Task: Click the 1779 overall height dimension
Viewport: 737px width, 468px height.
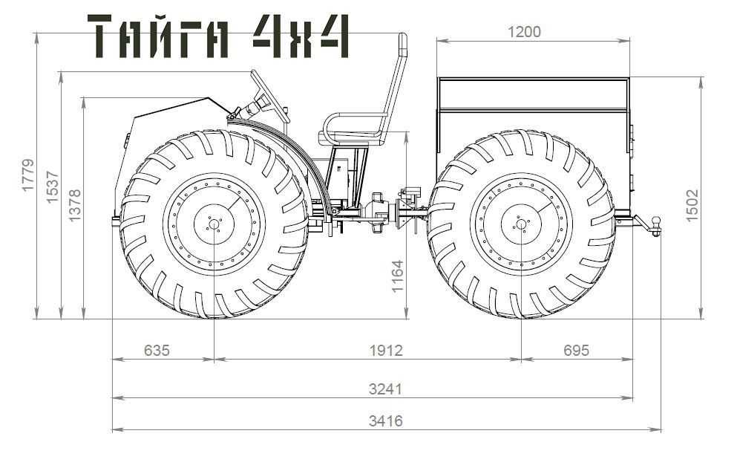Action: click(28, 175)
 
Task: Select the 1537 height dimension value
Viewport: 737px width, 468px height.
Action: click(53, 187)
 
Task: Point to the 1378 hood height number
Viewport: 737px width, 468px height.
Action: click(75, 206)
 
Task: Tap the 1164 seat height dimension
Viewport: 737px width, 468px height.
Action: click(398, 276)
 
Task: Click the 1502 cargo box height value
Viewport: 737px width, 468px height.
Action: click(692, 206)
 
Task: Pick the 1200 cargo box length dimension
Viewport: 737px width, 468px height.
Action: click(525, 32)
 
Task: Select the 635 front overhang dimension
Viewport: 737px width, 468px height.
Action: click(157, 351)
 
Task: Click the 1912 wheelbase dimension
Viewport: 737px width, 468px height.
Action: click(387, 351)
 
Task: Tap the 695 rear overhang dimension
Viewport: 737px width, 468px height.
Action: click(576, 351)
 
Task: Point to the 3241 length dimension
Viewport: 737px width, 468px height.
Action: click(386, 389)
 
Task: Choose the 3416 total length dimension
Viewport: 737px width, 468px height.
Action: click(386, 420)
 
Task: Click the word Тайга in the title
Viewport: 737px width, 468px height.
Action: click(159, 36)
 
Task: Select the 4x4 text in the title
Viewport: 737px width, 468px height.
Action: click(301, 36)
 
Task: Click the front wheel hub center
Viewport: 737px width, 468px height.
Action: click(214, 224)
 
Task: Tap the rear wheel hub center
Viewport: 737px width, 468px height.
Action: click(521, 224)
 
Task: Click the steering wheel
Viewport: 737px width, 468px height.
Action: click(270, 97)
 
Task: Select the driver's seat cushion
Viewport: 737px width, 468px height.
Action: click(350, 138)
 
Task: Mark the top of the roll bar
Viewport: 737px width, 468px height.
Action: click(403, 35)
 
